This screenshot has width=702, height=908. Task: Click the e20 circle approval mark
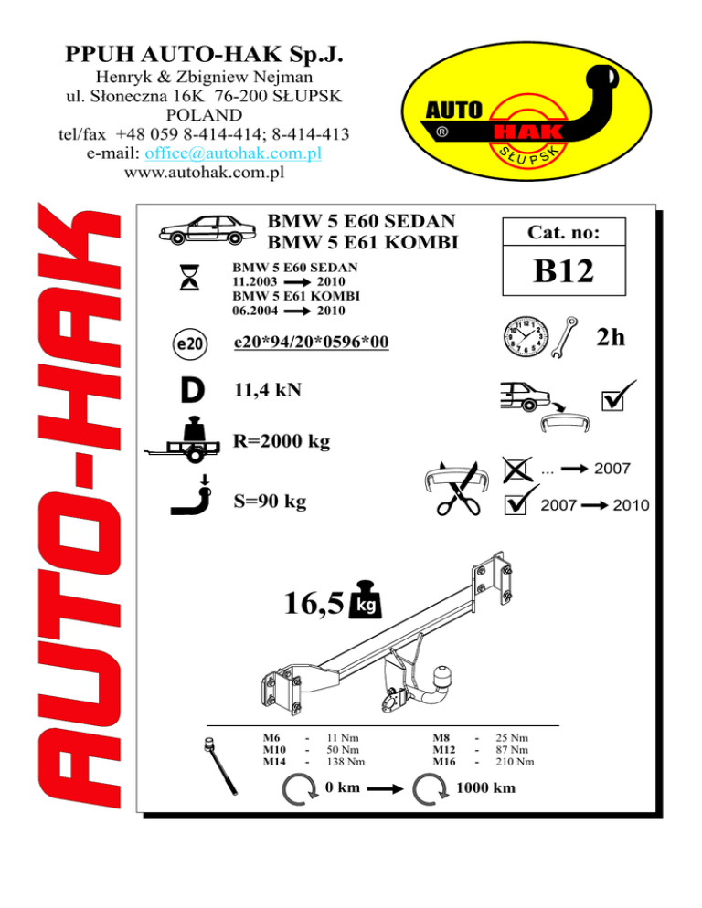tap(189, 343)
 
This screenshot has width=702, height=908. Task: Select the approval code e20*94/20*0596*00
tap(311, 343)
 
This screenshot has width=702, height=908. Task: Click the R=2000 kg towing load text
tap(282, 442)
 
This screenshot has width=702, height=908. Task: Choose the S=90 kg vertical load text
tap(270, 502)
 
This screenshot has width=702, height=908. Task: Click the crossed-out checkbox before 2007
tap(516, 470)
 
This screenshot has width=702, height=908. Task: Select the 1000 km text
tap(484, 788)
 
